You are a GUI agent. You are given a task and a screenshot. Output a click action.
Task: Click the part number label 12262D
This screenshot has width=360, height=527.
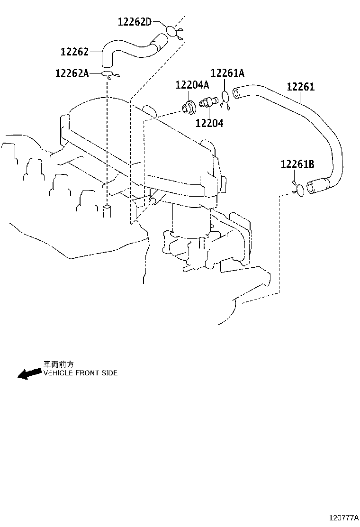pos(135,22)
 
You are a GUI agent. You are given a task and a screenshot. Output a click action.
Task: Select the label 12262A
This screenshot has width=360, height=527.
pos(72,73)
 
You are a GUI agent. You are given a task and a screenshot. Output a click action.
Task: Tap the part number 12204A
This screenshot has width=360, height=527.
pos(192,85)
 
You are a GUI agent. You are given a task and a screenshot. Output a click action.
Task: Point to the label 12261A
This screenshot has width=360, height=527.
pos(227,73)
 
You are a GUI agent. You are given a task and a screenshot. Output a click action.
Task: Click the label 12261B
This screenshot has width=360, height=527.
pos(297,164)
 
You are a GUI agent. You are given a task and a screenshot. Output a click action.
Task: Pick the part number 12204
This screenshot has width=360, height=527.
pos(209,123)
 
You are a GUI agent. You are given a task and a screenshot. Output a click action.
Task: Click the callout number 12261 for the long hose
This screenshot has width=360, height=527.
pos(301,87)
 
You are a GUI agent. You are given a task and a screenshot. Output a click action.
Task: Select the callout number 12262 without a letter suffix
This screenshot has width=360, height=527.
pos(74,52)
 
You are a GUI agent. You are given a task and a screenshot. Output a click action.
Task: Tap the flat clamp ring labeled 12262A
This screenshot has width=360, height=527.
pos(108,74)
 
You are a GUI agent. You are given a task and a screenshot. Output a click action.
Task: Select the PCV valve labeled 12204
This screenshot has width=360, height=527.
pos(208,101)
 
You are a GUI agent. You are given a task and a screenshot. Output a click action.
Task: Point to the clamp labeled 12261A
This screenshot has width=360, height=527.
pos(225,98)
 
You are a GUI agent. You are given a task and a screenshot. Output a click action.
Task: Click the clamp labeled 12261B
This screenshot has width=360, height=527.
pos(299,189)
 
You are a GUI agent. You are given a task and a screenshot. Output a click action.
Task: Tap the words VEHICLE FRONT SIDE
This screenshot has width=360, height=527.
pos(81,373)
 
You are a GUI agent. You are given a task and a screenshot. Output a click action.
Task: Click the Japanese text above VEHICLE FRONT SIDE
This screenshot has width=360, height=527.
pos(58,364)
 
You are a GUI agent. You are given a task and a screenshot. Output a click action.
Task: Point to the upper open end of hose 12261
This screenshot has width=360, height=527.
pos(236,92)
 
